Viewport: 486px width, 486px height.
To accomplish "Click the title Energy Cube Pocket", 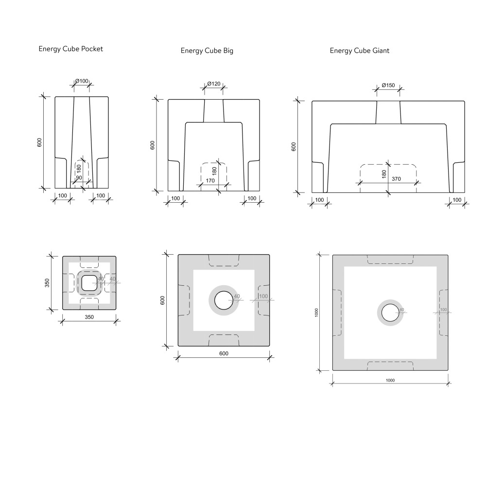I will (x=70, y=49).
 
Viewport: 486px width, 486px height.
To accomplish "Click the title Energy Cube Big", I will (x=207, y=51).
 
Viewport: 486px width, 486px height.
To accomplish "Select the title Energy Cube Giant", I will (x=359, y=51).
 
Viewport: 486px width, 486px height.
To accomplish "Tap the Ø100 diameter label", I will (x=81, y=81).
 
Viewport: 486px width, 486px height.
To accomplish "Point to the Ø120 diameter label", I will (x=214, y=84).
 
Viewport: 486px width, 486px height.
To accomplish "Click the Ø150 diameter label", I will (x=388, y=85).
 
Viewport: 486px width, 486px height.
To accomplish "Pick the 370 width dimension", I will (x=397, y=179).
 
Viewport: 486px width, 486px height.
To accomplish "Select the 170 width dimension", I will (x=210, y=181).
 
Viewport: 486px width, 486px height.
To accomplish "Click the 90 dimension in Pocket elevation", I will (x=79, y=178).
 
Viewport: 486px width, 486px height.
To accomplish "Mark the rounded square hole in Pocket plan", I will (x=89, y=283).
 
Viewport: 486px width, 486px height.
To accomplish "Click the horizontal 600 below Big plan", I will (x=224, y=353).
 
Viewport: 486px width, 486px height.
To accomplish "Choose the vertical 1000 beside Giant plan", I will (x=316, y=312).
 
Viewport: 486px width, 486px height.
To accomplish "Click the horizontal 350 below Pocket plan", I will (x=89, y=317).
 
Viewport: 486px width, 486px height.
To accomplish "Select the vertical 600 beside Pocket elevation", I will (x=40, y=142).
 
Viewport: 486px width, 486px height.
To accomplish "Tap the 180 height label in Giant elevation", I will (x=384, y=173).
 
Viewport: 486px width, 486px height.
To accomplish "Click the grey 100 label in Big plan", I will (x=263, y=296).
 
